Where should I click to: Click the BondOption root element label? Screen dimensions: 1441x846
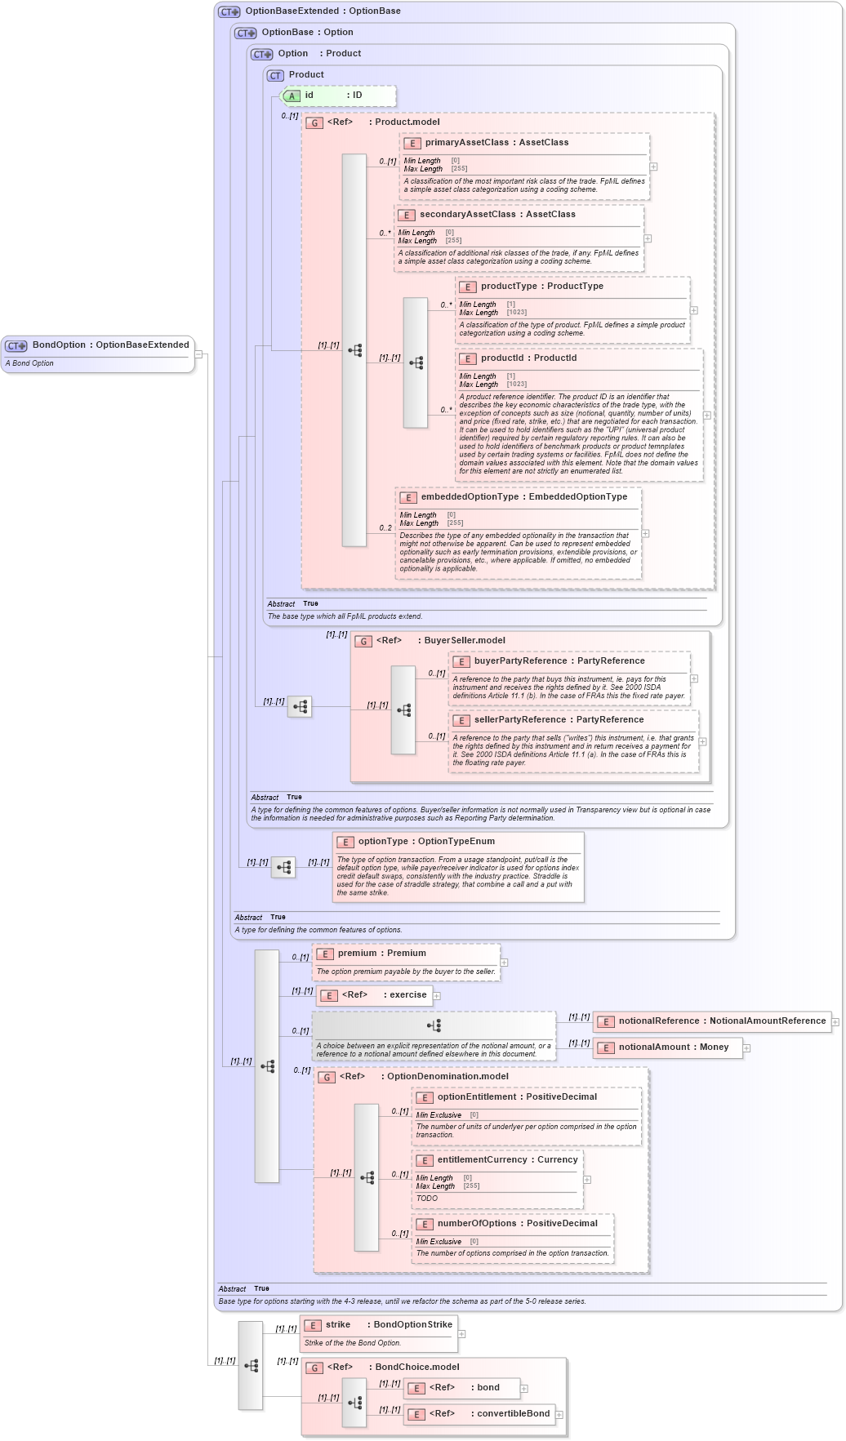[110, 345]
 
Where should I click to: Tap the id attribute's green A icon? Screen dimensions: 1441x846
[292, 96]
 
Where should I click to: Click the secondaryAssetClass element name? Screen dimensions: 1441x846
[467, 215]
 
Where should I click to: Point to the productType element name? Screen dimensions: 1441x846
[509, 287]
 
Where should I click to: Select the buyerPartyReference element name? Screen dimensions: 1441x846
[520, 661]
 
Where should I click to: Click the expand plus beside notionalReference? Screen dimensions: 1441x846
[835, 1021]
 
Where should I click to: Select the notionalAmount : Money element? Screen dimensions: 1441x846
[673, 1047]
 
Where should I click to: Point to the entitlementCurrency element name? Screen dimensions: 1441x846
[482, 1160]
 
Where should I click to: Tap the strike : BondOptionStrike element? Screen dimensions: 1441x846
[389, 1325]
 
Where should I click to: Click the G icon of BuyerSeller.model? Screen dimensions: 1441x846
[363, 642]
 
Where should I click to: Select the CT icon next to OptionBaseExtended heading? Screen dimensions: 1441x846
[229, 12]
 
